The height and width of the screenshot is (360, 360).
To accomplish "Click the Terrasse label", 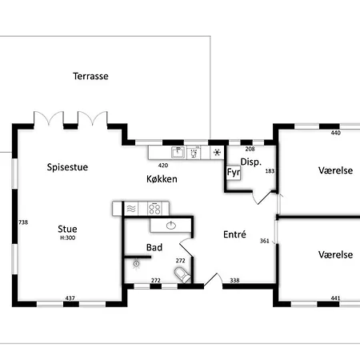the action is pos(90,76).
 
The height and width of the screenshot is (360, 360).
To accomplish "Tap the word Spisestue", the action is pos(67,167).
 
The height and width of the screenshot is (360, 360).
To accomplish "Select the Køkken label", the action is pos(162,179).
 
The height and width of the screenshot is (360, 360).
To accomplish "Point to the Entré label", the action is pos(234,234).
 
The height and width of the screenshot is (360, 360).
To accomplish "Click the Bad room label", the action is pos(154,247).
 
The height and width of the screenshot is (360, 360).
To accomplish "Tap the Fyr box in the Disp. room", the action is pos(234,173).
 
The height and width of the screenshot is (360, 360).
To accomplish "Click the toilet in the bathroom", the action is pos(182,275).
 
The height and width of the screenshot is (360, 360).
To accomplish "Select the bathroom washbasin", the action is pos(171,226).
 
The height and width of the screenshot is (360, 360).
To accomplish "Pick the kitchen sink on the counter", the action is pos(178,153).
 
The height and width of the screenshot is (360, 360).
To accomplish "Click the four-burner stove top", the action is pos(154,209).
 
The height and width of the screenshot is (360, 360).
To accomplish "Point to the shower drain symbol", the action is pos(136,264).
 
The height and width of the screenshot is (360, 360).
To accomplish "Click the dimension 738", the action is pos(23,222).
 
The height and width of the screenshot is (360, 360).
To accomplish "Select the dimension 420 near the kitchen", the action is pos(163,166).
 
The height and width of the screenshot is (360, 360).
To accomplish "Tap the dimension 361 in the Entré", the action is pos(265,241).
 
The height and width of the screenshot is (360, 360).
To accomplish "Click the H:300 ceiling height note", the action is pos(68,238).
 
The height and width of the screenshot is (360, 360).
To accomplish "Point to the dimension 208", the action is pos(250,149).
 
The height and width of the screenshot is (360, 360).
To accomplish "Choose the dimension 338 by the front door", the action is pos(234,280).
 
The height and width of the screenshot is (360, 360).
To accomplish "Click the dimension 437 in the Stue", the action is pos(70,298).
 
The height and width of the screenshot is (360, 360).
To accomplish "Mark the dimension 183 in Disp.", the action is pos(270,171).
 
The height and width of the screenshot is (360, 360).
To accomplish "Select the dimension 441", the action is pos(335,298).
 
